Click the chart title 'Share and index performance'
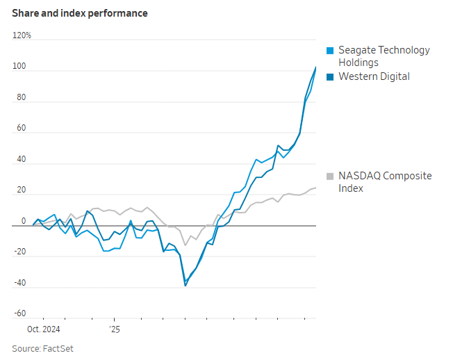80,13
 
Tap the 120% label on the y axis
22,35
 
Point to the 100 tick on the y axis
19,67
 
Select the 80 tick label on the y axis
21,97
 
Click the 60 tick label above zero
21,129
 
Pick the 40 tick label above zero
21,160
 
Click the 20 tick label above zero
21,190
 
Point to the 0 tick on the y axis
23,222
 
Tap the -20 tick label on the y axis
19,252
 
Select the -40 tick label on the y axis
19,284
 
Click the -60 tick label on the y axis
19,314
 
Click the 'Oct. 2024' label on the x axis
44,329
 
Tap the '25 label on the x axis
115,329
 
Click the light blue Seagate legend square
331,50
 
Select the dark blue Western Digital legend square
331,76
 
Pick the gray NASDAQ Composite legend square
331,176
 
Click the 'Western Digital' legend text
374,76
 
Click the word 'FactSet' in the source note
58,348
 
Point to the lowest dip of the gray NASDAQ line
185,245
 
